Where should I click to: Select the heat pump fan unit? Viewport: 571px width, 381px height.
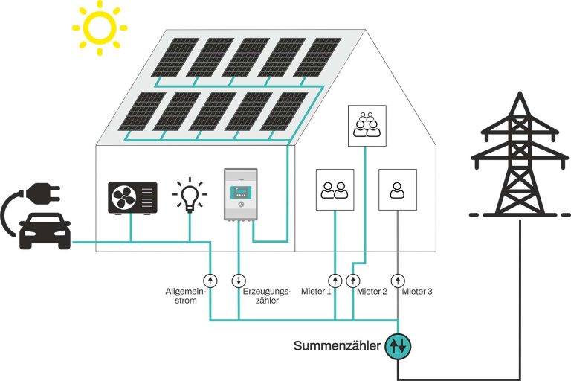tap(132, 196)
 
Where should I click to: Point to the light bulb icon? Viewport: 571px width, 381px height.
tap(188, 196)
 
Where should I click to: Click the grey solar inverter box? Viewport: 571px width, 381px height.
tap(239, 196)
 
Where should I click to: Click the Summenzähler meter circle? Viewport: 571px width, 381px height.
tap(398, 345)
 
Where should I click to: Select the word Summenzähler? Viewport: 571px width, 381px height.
tap(338, 346)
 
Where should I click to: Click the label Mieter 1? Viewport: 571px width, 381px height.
tap(316, 292)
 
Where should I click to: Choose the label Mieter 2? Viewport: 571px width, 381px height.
tap(372, 292)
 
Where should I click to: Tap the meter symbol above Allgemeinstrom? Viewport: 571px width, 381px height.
tap(210, 281)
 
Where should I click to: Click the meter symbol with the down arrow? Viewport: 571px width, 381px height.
tap(239, 281)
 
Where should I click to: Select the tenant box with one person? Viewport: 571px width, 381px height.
tap(397, 189)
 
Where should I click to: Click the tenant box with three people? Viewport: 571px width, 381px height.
tap(365, 124)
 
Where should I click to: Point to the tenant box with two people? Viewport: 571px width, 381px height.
tap(334, 189)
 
